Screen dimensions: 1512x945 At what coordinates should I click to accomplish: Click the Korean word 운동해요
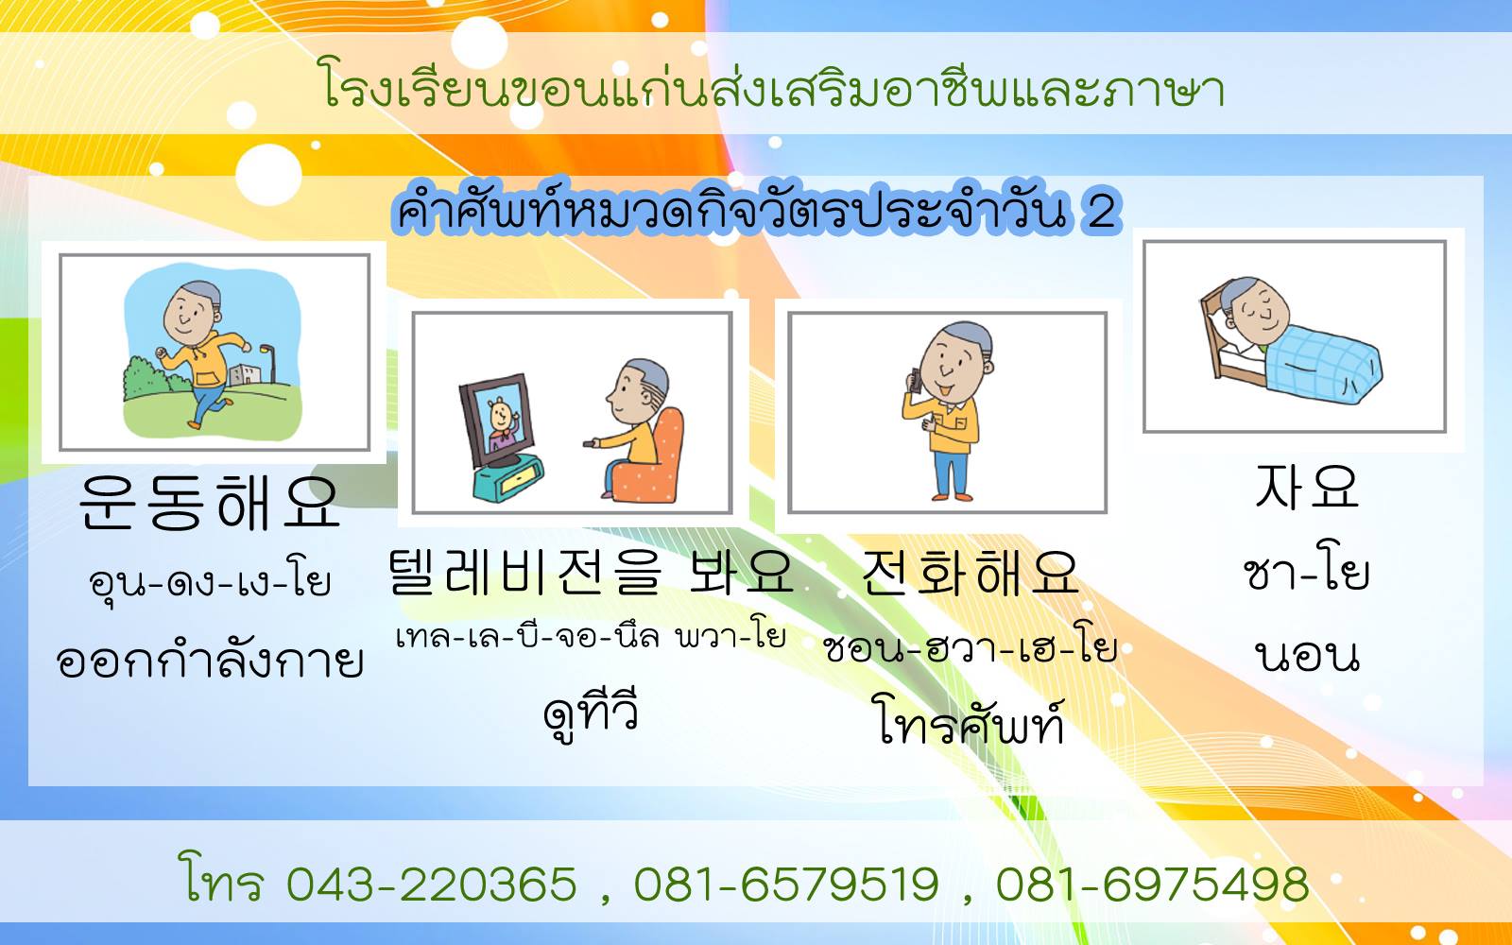click(209, 501)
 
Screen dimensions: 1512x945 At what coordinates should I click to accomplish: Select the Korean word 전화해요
click(970, 573)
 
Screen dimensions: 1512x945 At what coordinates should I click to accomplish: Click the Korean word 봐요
click(741, 571)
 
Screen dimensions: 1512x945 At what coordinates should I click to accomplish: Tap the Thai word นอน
click(1307, 656)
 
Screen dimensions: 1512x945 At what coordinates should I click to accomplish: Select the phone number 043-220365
click(432, 884)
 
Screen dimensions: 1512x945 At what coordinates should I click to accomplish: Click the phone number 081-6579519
click(786, 884)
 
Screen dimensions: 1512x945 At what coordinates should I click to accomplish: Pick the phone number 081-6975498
click(1152, 884)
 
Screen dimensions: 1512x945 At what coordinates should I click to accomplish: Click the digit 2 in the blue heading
click(1100, 211)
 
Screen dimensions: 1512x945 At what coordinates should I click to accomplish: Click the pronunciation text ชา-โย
click(1306, 575)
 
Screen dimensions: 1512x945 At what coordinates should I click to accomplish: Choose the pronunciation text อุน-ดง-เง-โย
click(209, 581)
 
